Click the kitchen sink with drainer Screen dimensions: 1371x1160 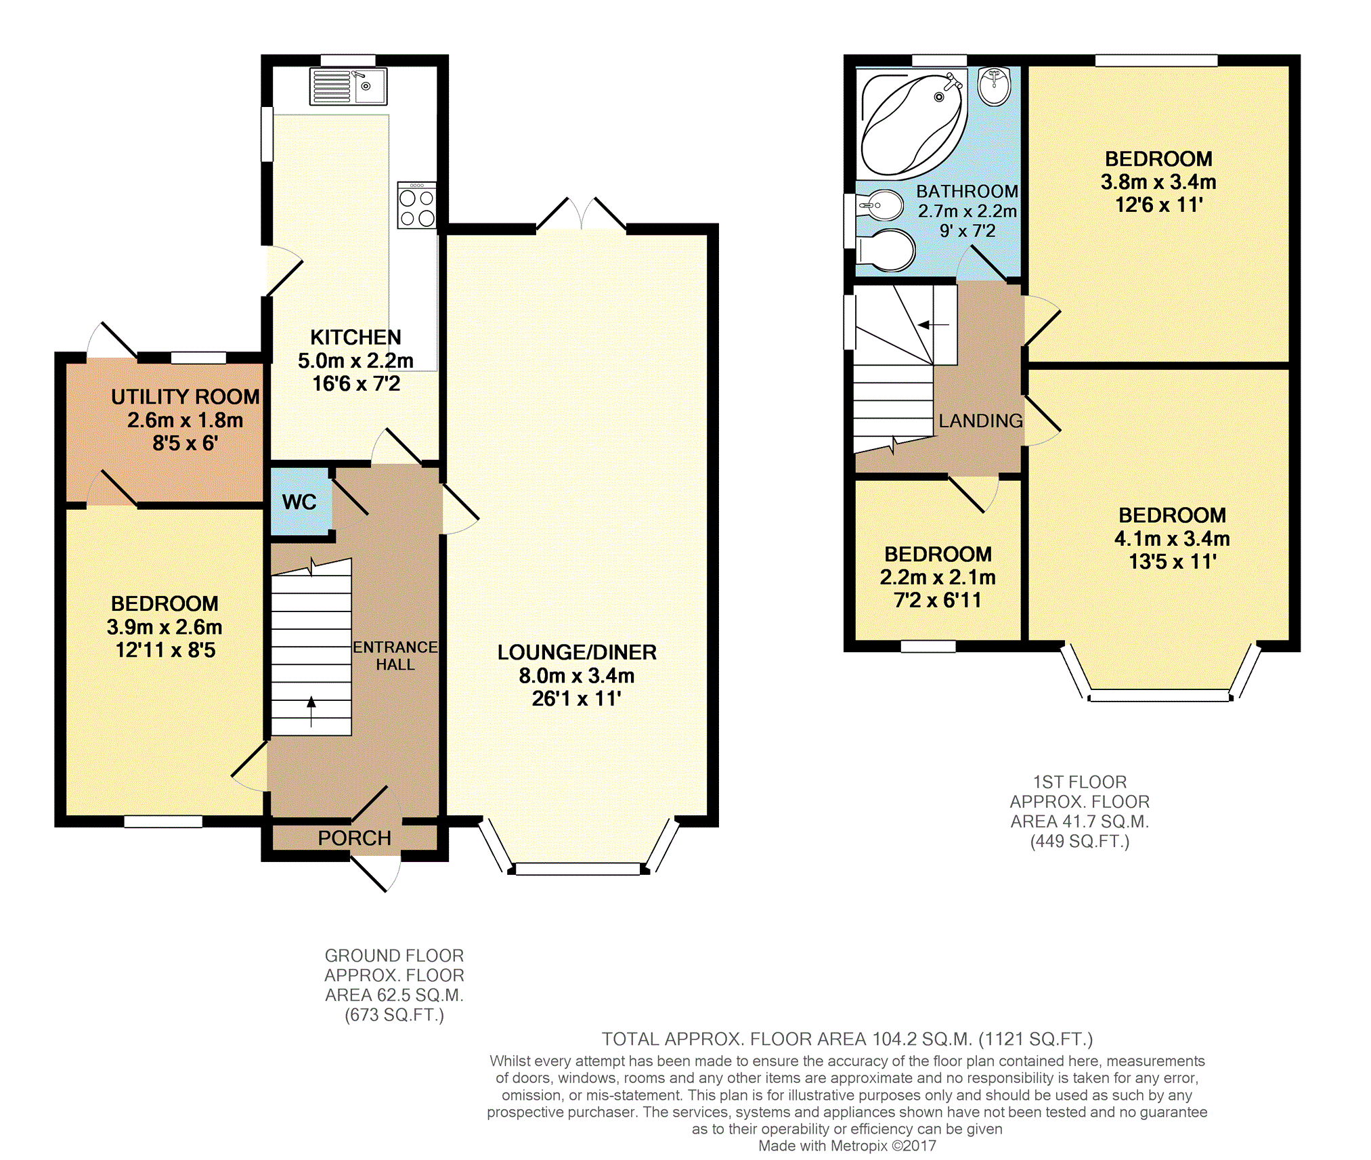coord(348,86)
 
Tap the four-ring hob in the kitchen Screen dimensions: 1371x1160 coord(417,205)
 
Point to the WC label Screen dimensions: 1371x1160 coord(299,502)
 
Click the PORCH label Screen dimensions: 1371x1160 coord(355,838)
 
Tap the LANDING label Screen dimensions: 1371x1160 coord(981,421)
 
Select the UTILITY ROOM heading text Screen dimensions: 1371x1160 coord(186,397)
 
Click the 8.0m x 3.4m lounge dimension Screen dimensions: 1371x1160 coord(577,676)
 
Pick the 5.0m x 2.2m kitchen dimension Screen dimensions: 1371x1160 coord(356,360)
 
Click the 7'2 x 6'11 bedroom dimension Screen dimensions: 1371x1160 coord(938,601)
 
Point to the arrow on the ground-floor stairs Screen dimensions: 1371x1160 coord(311,712)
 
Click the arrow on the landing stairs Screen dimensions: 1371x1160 coord(934,325)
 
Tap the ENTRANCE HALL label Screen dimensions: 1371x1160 coord(395,656)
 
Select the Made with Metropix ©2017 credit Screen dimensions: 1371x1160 coord(847,1146)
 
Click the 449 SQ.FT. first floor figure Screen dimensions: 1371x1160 coord(1080,842)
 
